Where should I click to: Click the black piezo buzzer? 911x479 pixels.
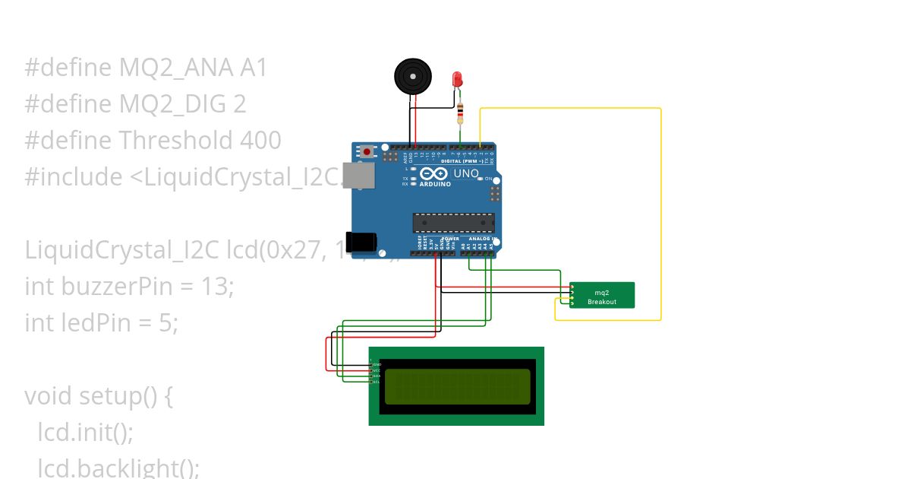click(412, 77)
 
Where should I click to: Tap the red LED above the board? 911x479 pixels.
click(457, 79)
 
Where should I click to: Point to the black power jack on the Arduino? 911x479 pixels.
click(361, 242)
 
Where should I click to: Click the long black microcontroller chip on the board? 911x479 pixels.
click(453, 223)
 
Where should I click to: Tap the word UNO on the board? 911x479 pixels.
click(466, 173)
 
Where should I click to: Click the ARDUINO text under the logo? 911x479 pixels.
click(435, 184)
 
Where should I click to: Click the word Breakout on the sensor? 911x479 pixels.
click(602, 302)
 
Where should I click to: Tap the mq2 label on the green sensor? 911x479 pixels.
click(602, 293)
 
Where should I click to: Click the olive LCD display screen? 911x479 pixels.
click(457, 386)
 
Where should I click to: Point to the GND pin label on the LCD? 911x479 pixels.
click(377, 365)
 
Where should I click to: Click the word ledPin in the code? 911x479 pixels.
click(106, 323)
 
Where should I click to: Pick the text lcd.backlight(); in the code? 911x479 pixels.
click(118, 468)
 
